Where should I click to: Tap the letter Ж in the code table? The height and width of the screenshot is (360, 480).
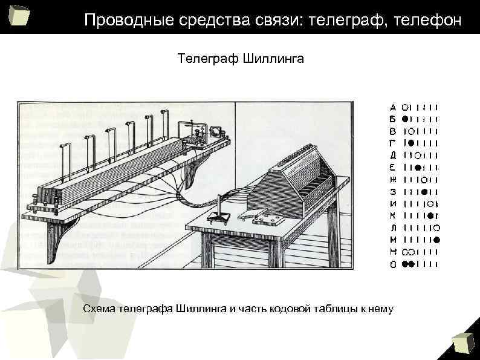click(393, 179)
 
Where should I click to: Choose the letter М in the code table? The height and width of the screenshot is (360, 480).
click(393, 240)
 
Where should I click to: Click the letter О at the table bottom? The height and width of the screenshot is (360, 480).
click(393, 264)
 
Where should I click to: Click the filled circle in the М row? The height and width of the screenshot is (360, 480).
click(436, 240)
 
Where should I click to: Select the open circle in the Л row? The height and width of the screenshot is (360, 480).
click(436, 227)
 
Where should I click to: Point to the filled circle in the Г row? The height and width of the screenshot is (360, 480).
click(411, 143)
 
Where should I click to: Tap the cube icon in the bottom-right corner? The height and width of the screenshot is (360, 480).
click(464, 342)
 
